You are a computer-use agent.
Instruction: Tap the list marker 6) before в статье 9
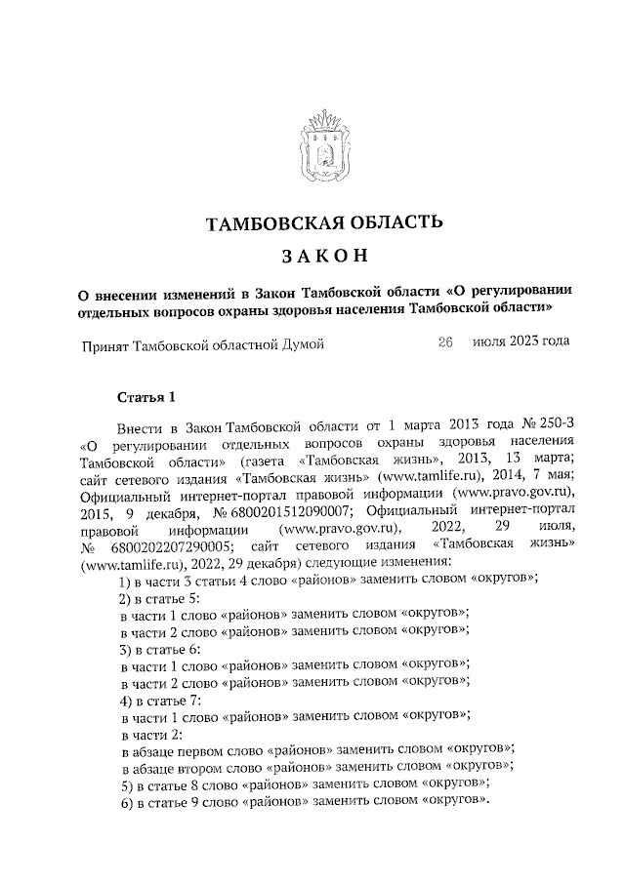click(124, 801)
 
